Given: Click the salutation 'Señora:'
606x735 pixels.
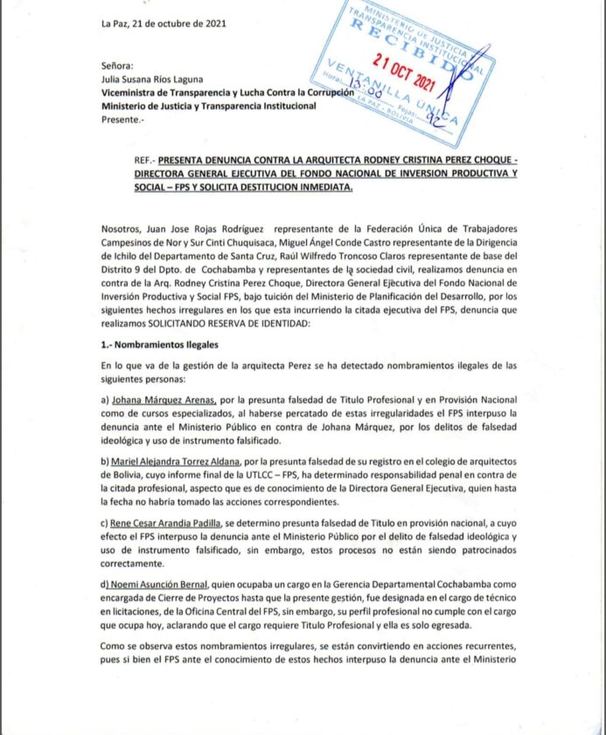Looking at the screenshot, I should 117,65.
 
